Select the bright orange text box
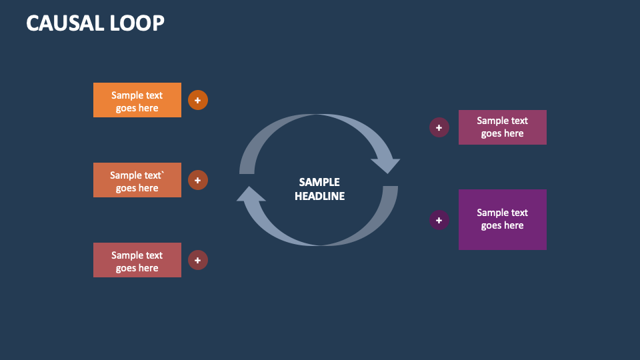tap(137, 100)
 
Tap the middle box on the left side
tap(137, 180)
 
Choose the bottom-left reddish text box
tap(137, 260)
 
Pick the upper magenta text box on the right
tap(502, 127)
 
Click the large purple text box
tap(502, 219)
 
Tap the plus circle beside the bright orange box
tap(198, 100)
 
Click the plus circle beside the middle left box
tap(198, 180)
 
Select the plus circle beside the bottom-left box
tap(198, 260)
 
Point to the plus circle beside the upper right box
tap(439, 127)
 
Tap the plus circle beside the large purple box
tap(439, 220)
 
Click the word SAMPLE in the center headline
tap(319, 182)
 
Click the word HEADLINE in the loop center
tap(319, 196)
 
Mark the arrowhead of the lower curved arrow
tap(251, 194)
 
